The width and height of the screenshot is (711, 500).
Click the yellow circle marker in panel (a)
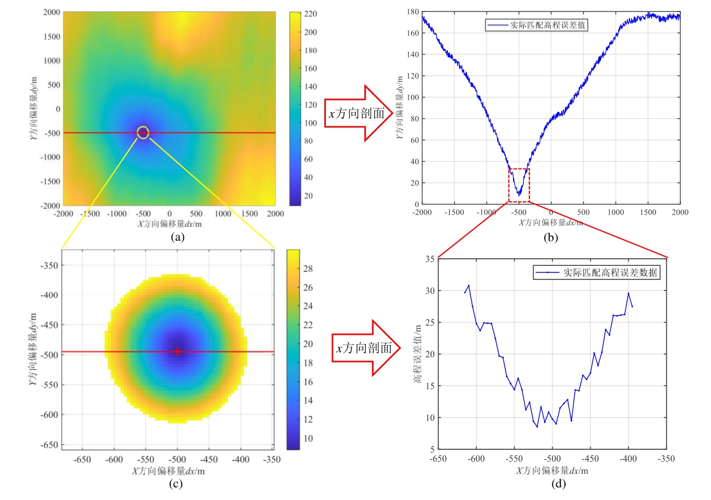point(143,132)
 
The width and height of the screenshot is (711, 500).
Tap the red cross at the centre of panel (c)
point(177,352)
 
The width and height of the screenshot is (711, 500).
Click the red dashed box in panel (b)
point(519,185)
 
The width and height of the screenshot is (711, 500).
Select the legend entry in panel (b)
point(537,25)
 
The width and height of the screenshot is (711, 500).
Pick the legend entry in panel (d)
point(597,272)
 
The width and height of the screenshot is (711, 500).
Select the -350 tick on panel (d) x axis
point(666,458)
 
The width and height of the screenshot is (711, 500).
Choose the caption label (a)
point(176,237)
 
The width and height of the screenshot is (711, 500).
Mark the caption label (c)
point(176,484)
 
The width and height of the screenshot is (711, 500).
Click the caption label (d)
point(552,484)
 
